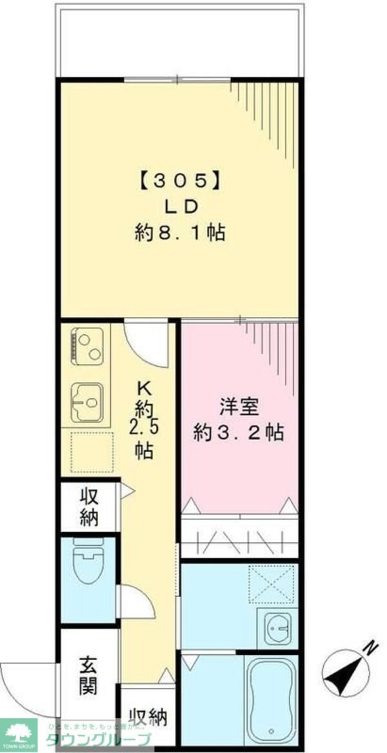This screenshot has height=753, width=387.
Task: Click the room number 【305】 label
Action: [x=181, y=182]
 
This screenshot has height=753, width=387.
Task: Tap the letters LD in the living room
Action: [x=181, y=206]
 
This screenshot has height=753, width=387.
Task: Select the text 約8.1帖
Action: [x=180, y=232]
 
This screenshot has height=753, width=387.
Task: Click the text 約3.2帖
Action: [x=239, y=432]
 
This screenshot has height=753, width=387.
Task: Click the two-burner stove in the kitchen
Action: [x=86, y=346]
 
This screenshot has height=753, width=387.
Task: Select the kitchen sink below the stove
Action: [x=86, y=402]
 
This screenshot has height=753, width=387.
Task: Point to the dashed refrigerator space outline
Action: [x=91, y=452]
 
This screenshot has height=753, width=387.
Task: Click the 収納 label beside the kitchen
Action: [x=90, y=507]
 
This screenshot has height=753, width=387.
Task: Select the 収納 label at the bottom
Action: [x=148, y=716]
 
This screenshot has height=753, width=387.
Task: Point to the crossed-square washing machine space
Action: [x=272, y=585]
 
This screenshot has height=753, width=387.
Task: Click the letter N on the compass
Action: [x=370, y=647]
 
